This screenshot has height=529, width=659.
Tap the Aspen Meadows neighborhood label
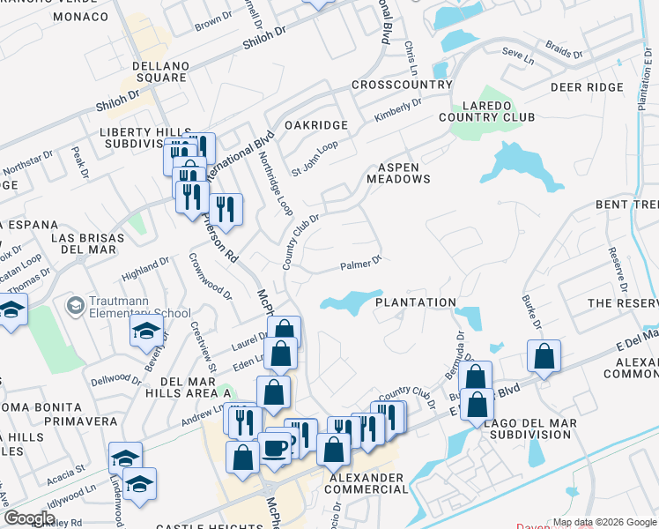pyautogui.click(x=404, y=172)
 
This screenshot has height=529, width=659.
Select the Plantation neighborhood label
pyautogui.click(x=416, y=302)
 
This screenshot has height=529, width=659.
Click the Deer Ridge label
pyautogui.click(x=585, y=87)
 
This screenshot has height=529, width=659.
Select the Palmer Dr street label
pyautogui.click(x=360, y=263)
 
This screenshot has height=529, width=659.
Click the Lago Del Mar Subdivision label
pyautogui.click(x=531, y=428)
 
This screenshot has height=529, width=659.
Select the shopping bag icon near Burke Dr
pyautogui.click(x=544, y=357)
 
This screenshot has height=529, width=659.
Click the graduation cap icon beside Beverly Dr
pyautogui.click(x=147, y=332)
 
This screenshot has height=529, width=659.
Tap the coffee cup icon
pyautogui.click(x=275, y=447)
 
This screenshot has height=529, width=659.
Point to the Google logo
pyautogui.click(x=29, y=518)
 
